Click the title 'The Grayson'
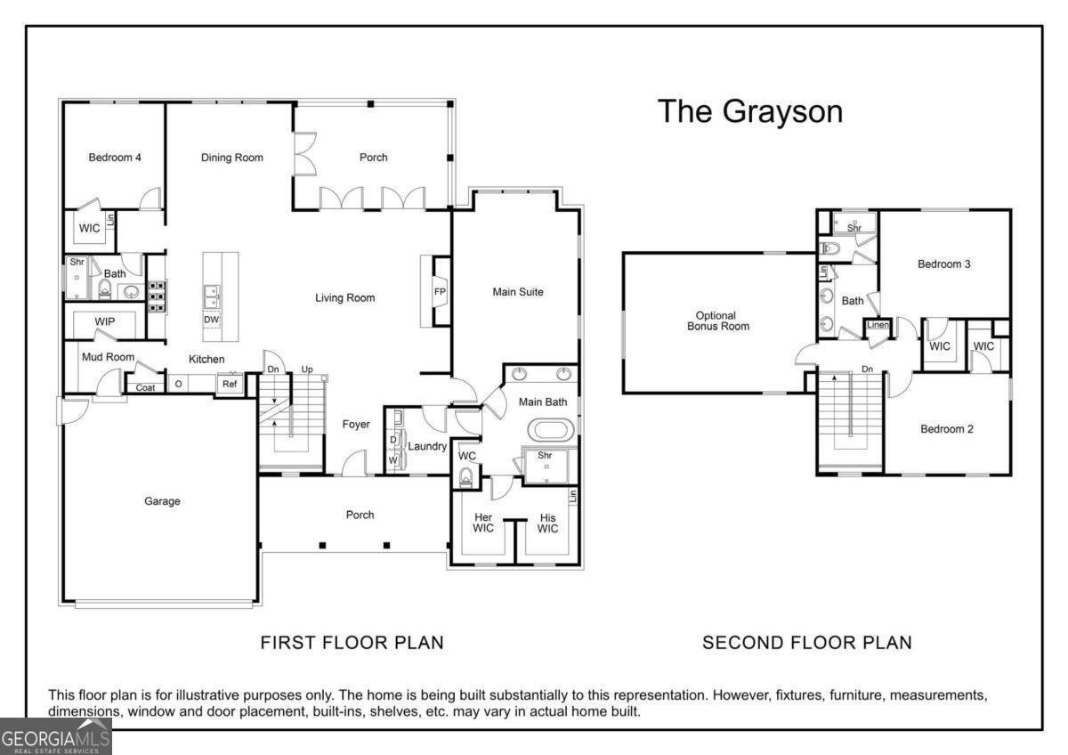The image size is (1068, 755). point(749,111)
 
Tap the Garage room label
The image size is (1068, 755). point(162,501)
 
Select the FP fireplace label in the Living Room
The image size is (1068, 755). point(439,291)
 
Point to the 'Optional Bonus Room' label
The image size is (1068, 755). point(716,321)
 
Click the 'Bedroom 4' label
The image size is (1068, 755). point(115,158)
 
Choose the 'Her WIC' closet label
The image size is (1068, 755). point(483,523)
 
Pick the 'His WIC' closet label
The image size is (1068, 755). point(547,523)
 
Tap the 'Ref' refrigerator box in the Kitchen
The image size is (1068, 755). point(230,385)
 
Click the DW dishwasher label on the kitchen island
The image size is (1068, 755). point(211,320)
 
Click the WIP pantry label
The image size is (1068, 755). point(105,321)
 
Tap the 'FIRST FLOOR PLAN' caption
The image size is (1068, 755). point(352,642)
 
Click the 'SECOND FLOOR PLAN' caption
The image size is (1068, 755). point(807,642)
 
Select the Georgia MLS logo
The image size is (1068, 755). point(55,739)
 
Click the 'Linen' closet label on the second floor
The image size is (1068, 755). point(878,325)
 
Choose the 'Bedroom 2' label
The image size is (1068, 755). point(946,428)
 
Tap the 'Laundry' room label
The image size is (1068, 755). point(427,446)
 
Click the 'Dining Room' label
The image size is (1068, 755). point(232,158)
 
